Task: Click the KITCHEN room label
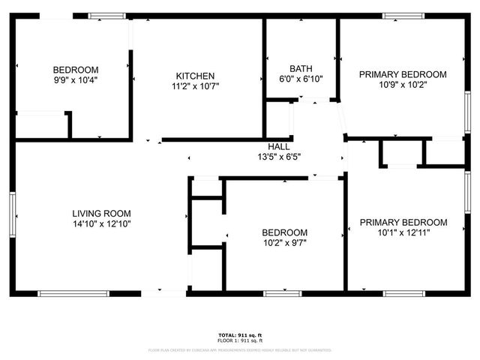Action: (196, 76)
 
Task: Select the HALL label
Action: (279, 146)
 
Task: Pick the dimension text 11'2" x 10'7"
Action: (196, 86)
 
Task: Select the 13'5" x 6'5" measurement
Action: (279, 157)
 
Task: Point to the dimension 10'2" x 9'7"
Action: (284, 243)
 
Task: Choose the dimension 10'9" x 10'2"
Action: (403, 85)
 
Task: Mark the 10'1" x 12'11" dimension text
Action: (403, 232)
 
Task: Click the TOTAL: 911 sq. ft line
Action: (239, 334)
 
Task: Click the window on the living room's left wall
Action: (12, 214)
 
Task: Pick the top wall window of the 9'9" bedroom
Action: (107, 15)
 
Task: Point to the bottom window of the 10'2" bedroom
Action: (282, 293)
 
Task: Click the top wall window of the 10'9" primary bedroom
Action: (403, 15)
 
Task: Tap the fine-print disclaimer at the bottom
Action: (239, 349)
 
